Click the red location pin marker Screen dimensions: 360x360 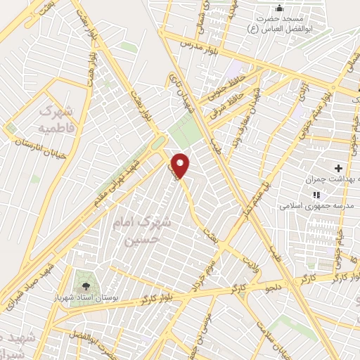point(181,165)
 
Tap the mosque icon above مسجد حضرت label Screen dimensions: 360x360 point(280,8)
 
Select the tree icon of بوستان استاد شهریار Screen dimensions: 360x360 point(86,286)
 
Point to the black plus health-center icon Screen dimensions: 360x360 point(338,168)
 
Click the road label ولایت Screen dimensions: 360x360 point(251,264)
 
